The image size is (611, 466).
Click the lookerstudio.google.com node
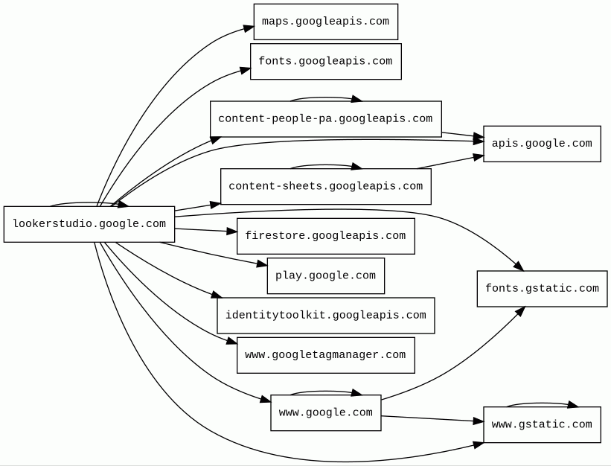coord(89,224)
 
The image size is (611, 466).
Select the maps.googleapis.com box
coord(325,22)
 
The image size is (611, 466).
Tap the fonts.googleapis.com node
coord(325,61)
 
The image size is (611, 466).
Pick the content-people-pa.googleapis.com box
coord(325,119)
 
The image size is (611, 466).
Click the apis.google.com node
coord(542,144)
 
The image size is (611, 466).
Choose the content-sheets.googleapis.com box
coord(325,186)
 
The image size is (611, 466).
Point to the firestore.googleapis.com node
coord(325,236)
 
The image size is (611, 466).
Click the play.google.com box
coord(325,275)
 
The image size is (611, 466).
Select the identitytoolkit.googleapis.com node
coord(325,316)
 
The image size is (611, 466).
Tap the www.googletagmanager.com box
coord(325,355)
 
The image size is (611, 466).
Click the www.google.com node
coord(325,412)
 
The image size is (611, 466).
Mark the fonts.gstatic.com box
coord(542,289)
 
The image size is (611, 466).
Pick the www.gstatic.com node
coord(542,424)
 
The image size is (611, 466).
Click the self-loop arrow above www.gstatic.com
coord(542,403)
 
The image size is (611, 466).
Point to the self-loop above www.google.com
coord(325,392)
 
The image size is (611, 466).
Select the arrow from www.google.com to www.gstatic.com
coord(432,419)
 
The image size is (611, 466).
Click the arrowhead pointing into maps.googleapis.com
coord(249,29)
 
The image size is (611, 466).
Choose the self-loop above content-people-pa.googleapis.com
coord(325,98)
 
